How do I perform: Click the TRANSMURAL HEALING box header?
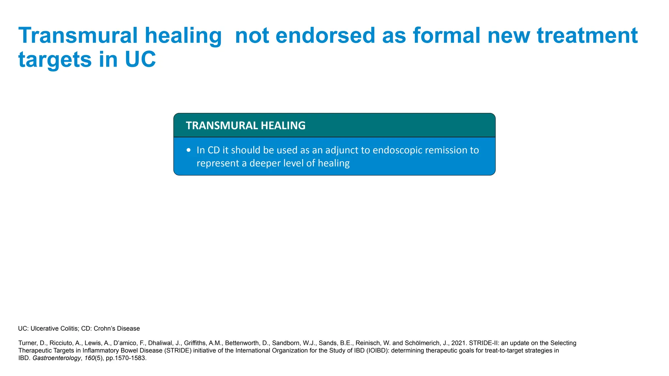[245, 125]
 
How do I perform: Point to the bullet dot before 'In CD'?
[188, 150]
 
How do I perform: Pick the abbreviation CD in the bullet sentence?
[214, 150]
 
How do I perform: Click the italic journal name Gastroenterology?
[57, 358]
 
